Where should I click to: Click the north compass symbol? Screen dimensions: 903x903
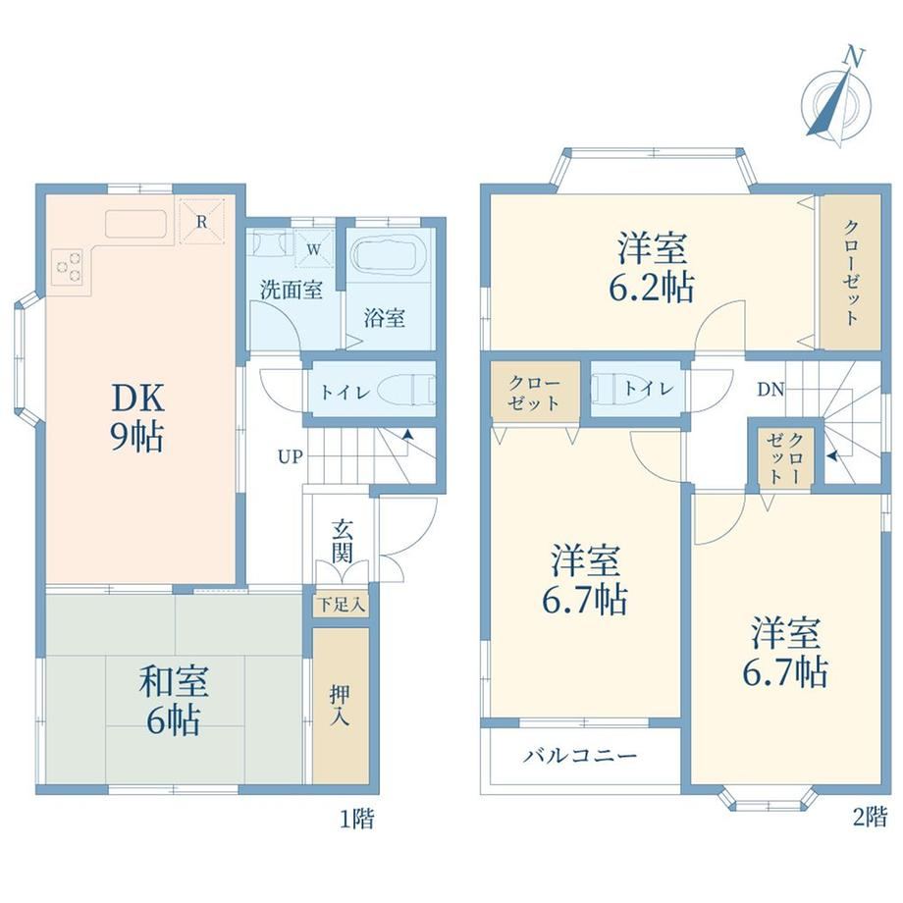click(837, 99)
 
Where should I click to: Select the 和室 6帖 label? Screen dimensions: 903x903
click(174, 700)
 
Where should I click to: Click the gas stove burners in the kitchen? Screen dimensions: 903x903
click(69, 267)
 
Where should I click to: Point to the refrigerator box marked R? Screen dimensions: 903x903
click(201, 221)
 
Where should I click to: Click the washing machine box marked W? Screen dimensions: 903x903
click(313, 248)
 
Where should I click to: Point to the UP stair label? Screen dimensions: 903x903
click(290, 457)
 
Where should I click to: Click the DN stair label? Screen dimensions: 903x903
click(770, 390)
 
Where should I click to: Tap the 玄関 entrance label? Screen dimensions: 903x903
click(343, 542)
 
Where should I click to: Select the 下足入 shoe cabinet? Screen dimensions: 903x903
click(342, 605)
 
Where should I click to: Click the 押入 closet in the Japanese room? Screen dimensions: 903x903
click(341, 705)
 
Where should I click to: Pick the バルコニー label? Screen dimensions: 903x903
click(580, 755)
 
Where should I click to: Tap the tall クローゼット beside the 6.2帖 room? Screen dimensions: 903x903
click(851, 272)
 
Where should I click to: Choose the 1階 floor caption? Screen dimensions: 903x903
click(356, 819)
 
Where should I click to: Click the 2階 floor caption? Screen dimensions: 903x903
click(871, 818)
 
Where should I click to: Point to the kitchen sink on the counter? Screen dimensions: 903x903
click(135, 224)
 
